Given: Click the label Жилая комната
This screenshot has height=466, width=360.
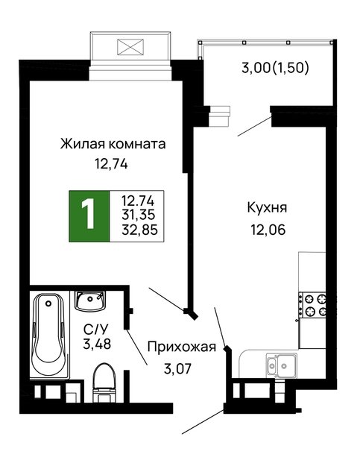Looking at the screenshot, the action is [x=113, y=144].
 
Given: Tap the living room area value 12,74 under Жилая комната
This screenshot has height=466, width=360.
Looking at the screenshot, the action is [x=111, y=164].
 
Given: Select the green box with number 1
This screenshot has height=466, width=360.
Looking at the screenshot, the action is [x=89, y=216].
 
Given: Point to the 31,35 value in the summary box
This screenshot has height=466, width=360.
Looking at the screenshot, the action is [x=139, y=215].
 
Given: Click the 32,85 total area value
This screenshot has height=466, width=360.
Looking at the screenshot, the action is [x=139, y=230].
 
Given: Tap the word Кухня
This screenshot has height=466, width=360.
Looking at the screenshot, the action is [x=267, y=208].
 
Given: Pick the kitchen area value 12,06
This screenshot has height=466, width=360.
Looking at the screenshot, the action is [x=268, y=230].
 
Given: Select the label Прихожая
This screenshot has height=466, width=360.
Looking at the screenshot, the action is [x=182, y=347].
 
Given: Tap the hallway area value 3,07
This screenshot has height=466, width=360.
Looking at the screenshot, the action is [x=177, y=369].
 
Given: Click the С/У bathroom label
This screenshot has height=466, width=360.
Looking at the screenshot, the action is [x=95, y=330].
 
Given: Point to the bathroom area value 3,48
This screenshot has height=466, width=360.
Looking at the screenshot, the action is [x=97, y=344].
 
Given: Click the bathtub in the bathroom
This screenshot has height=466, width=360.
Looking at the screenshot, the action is [x=49, y=336].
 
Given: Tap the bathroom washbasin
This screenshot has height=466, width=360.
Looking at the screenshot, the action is [x=90, y=300].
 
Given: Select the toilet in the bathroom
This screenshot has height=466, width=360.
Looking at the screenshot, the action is [x=104, y=382].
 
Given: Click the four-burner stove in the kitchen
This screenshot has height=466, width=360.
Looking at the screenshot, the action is [x=313, y=305].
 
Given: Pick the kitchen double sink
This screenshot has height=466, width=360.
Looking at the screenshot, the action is [x=281, y=365].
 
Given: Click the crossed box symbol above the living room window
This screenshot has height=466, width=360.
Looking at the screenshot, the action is [x=130, y=47].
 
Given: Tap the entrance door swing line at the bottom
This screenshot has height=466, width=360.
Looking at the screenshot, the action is [x=203, y=422].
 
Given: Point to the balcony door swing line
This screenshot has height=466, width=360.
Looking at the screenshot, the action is [x=255, y=126].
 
